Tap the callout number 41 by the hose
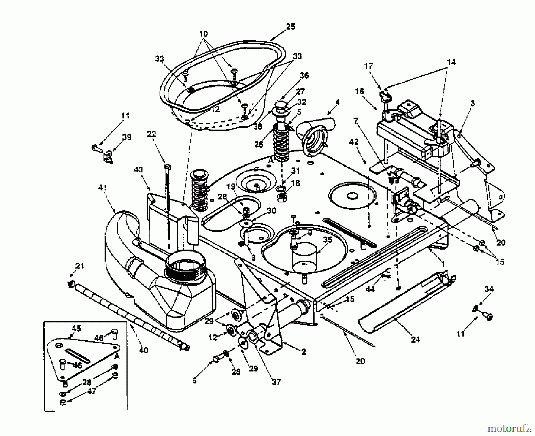[103, 188]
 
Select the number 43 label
[138, 170]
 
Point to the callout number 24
[415, 339]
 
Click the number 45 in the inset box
[76, 329]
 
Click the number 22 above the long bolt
[151, 134]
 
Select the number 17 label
[369, 66]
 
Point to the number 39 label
[127, 137]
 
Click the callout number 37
[276, 382]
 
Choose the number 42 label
[354, 142]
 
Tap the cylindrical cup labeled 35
[306, 257]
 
